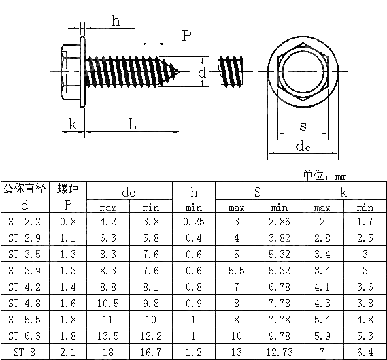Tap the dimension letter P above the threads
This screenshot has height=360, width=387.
pos(186,35)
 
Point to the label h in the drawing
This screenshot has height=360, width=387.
pos(115,21)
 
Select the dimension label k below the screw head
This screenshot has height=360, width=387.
pos(72,124)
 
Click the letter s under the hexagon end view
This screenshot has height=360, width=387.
pos(303,126)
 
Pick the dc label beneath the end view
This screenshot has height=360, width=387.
pos(303,146)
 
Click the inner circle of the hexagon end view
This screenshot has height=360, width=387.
pos(303,70)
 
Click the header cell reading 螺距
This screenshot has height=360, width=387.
pos(67,189)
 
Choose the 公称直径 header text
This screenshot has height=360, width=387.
pos(25,189)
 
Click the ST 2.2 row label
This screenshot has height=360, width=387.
pos(25,221)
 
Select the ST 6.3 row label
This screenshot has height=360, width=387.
pos(25,336)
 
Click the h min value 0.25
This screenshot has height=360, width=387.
pos(194,221)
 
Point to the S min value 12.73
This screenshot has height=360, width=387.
pos(280,352)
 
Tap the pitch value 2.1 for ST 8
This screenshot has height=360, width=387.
pos(67,352)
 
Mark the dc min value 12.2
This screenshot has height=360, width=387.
pos(151,336)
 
